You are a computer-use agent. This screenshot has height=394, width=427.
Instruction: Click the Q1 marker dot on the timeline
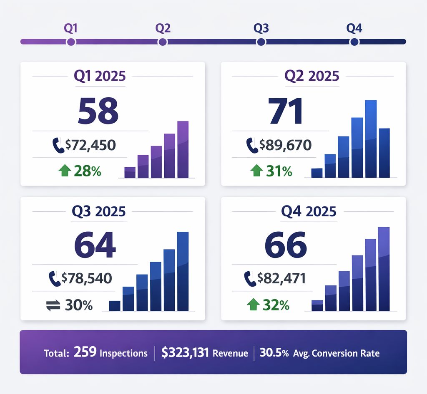point(70,42)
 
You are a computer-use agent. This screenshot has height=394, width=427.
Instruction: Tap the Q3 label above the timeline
point(261,28)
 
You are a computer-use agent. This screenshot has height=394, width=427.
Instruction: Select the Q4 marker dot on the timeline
point(354,42)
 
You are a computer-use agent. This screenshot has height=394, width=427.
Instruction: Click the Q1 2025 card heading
point(100,76)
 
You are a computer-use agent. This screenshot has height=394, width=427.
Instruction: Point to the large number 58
point(98,111)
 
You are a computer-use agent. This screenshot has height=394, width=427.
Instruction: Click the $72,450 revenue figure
point(90,145)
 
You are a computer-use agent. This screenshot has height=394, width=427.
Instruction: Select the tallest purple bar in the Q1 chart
point(183,149)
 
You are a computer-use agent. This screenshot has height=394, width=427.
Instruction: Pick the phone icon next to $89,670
point(252,145)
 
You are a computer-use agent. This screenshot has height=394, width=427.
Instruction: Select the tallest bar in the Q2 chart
point(371,139)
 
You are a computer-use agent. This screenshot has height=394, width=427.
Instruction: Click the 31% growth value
point(279,171)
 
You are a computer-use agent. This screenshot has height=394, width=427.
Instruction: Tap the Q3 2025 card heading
point(99,211)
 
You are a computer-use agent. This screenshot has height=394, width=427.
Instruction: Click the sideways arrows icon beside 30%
point(53,305)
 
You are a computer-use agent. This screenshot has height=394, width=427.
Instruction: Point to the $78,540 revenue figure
point(87,278)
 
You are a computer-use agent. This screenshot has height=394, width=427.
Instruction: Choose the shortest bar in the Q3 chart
point(115,306)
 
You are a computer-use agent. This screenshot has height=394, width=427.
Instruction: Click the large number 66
point(286,245)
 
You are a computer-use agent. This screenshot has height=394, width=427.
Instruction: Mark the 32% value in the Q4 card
point(276,305)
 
